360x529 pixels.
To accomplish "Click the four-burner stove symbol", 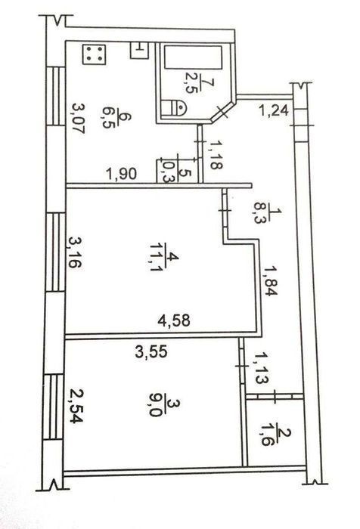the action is (95, 54).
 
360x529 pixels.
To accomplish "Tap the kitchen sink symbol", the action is (139, 51).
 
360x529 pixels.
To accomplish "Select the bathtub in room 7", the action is (193, 57).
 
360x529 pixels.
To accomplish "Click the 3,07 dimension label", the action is (78, 119).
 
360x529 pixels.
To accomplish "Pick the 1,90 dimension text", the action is (121, 174).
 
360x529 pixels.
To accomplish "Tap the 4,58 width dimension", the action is (174, 320).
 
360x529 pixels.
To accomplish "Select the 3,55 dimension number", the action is (151, 352).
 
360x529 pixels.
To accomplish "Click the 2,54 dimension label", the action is (76, 406).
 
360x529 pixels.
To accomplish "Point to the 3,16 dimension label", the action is (75, 252).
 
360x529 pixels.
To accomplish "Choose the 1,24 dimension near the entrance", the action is (274, 110).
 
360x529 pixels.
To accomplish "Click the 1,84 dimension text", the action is (270, 280).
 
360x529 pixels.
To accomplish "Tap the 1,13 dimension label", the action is (261, 368).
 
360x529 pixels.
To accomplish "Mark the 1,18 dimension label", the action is (216, 155).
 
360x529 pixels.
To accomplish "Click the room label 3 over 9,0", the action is (164, 407).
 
